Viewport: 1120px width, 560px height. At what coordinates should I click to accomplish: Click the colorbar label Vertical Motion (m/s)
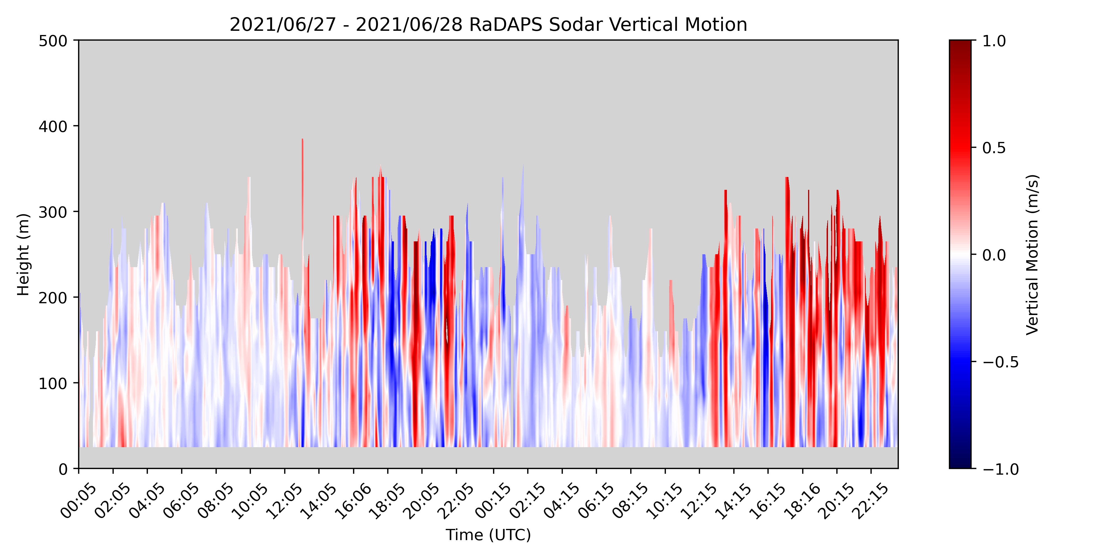point(1032,254)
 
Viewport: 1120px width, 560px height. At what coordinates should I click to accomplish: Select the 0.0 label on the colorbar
point(994,255)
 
